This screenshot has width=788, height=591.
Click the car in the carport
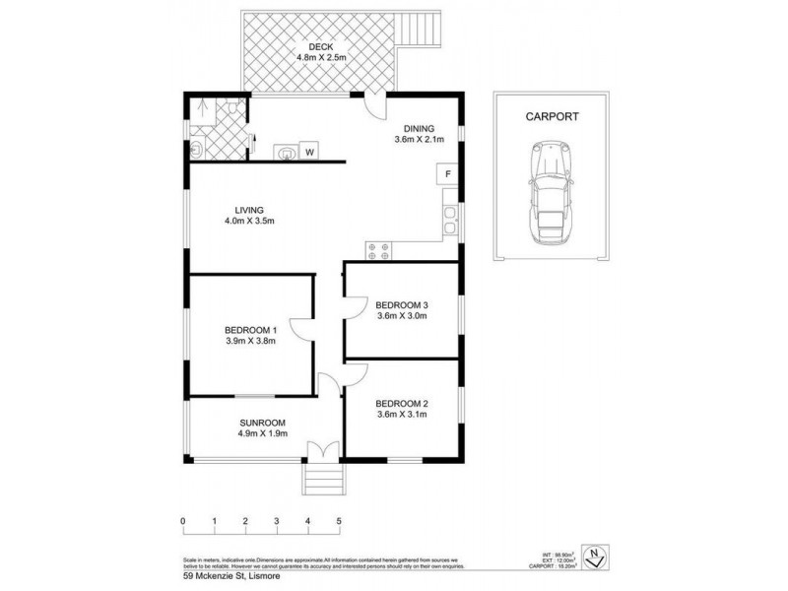click(549, 194)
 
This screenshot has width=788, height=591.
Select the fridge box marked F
click(447, 174)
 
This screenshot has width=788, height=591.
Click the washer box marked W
click(309, 152)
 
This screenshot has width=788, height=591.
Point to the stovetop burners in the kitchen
click(379, 249)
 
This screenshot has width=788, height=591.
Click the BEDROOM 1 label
click(251, 329)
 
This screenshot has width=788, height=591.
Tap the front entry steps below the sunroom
click(323, 482)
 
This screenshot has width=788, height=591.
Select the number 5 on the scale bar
click(339, 520)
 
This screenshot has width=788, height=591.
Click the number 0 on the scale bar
click(183, 520)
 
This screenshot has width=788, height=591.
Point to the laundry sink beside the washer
click(285, 152)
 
